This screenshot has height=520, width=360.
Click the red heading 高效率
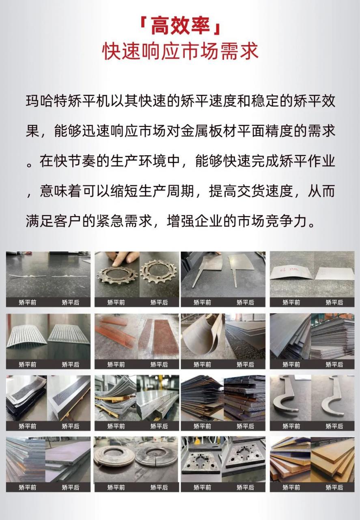click(180, 27)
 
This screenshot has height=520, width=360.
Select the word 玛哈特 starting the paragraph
click(46, 101)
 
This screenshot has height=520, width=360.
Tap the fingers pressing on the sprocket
click(125, 258)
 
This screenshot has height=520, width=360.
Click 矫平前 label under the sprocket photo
click(116, 302)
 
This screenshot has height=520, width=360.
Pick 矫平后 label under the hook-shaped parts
click(334, 426)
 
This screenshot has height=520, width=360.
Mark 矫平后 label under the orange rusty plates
click(334, 487)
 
